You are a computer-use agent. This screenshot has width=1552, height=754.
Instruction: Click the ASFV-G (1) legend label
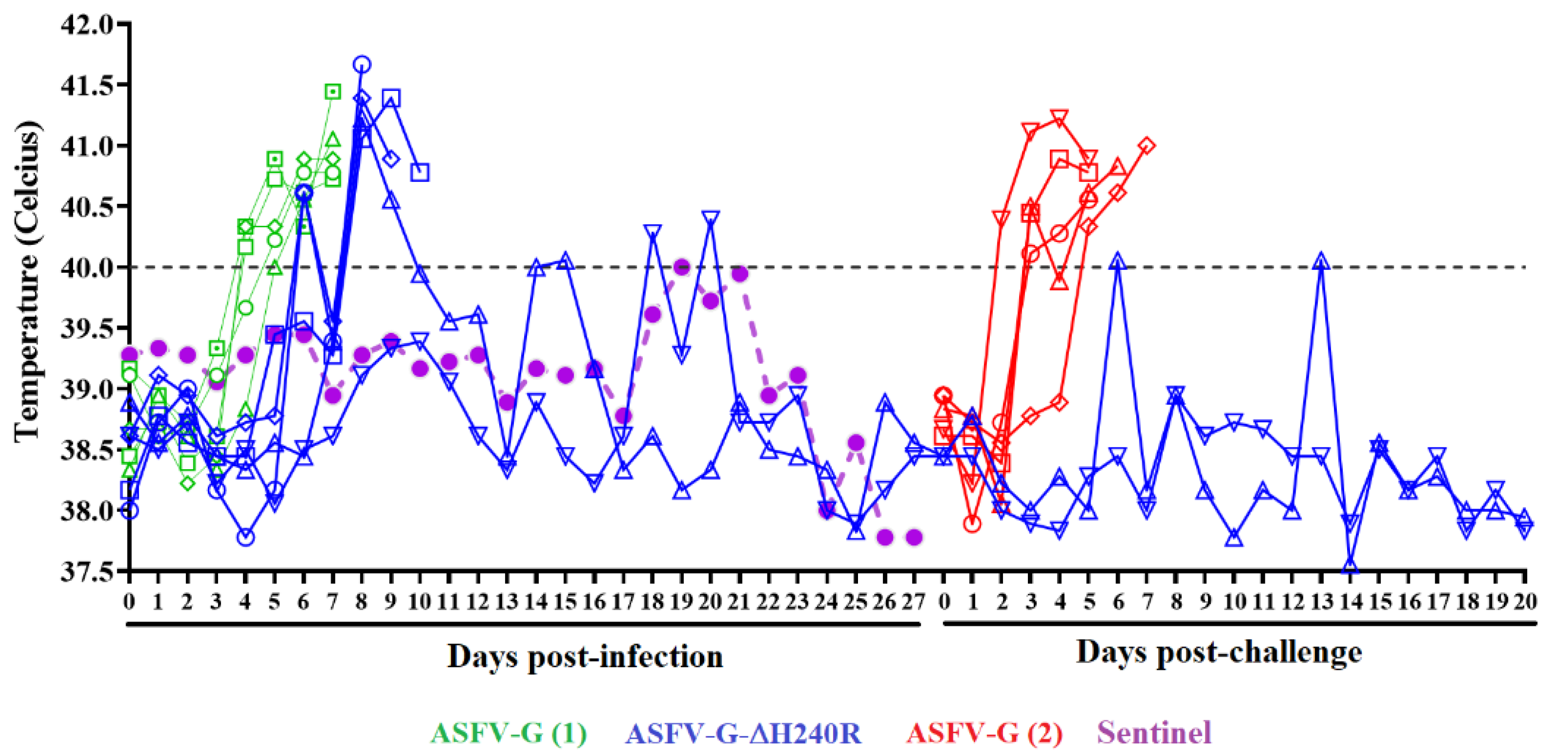point(508,733)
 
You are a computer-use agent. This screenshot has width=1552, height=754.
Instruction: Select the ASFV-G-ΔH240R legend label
point(744,733)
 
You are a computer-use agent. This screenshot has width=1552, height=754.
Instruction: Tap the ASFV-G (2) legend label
point(985,733)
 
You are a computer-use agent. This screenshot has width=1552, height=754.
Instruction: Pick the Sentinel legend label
point(1154,733)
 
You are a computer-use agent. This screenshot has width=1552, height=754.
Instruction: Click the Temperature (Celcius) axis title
point(28,282)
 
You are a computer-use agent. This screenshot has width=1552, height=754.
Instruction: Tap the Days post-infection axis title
point(584,656)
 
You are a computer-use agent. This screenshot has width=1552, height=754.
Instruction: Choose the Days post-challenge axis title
point(1218,652)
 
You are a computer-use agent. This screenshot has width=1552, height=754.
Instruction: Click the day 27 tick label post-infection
point(913,602)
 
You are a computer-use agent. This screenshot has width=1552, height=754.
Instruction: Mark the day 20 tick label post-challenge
point(1524,602)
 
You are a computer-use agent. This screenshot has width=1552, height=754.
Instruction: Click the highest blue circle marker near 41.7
point(362,64)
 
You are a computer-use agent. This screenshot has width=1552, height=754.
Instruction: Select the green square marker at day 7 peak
point(332,92)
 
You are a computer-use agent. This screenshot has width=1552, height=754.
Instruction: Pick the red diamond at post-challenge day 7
point(1147,146)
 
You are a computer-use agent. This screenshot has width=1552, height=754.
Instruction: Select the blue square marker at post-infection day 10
point(420,173)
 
